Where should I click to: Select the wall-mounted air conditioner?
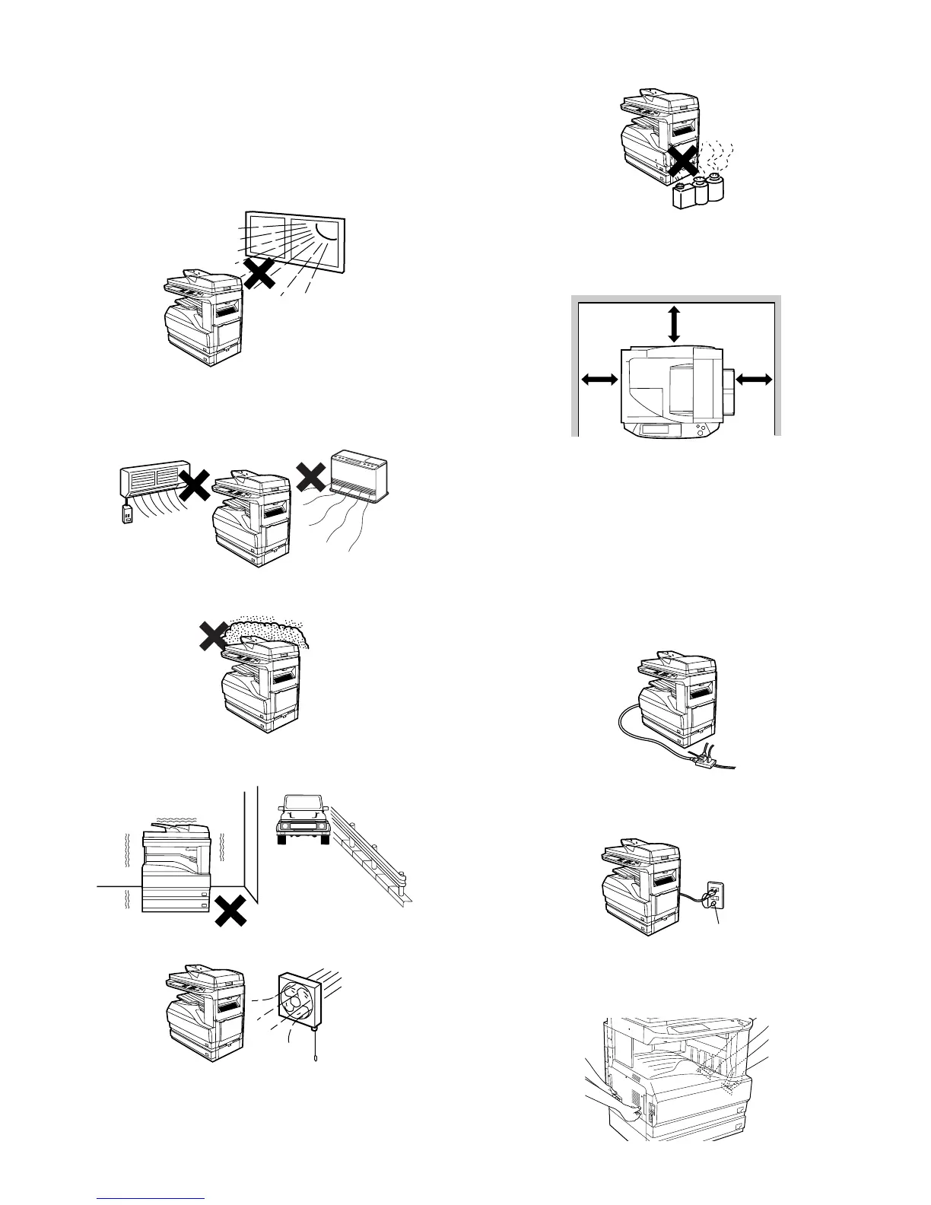154,482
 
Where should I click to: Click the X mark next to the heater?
311,478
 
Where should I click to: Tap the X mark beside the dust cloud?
209,634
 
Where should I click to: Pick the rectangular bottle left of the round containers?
684,196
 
